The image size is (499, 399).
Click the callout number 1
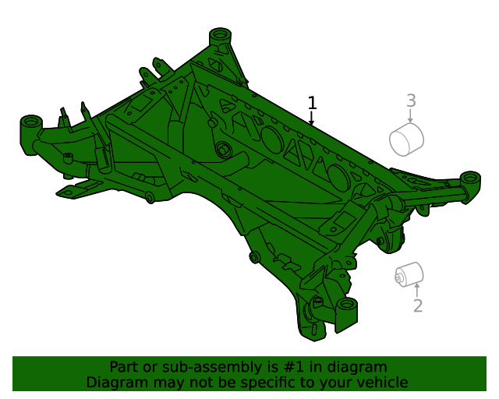click(312, 103)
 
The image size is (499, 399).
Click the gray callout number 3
click(411, 101)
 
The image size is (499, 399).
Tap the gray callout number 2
click(418, 305)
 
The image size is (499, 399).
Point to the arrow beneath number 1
click(312, 118)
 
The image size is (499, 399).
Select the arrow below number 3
click(411, 116)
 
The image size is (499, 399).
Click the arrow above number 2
click(417, 290)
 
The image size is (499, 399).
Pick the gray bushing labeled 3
click(406, 139)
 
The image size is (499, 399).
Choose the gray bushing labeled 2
click(409, 274)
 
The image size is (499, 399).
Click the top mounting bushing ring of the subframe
click(220, 33)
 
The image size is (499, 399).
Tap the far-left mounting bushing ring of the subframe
click(31, 121)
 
